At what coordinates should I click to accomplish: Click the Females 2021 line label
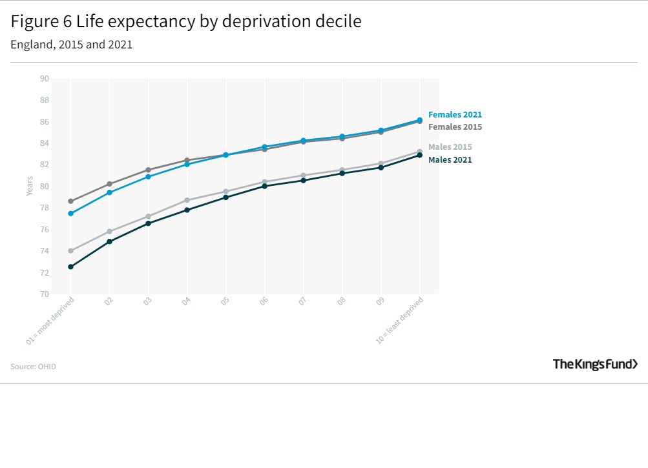coord(455,115)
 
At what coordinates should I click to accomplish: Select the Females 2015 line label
coord(455,127)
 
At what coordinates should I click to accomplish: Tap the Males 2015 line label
coord(450,147)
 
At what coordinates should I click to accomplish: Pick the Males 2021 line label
coord(450,160)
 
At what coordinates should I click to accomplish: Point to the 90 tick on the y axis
coord(45,79)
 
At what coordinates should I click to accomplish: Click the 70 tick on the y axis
coord(45,294)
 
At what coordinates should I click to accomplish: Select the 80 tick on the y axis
coord(45,187)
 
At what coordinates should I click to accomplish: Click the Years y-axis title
coord(30,187)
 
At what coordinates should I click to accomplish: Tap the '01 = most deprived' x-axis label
coord(51,320)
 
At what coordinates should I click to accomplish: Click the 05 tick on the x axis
coord(225,301)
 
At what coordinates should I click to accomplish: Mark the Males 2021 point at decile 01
coord(70,267)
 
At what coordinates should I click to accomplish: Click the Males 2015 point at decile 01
coord(70,250)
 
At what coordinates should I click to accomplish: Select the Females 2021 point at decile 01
coord(70,213)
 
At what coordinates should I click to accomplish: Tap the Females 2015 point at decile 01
coord(70,201)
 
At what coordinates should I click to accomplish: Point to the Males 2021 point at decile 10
coord(420,155)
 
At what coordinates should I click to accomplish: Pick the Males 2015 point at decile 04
coord(187,200)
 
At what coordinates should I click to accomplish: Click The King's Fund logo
coord(595,365)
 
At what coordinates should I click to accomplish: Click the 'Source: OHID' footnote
coord(33,367)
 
